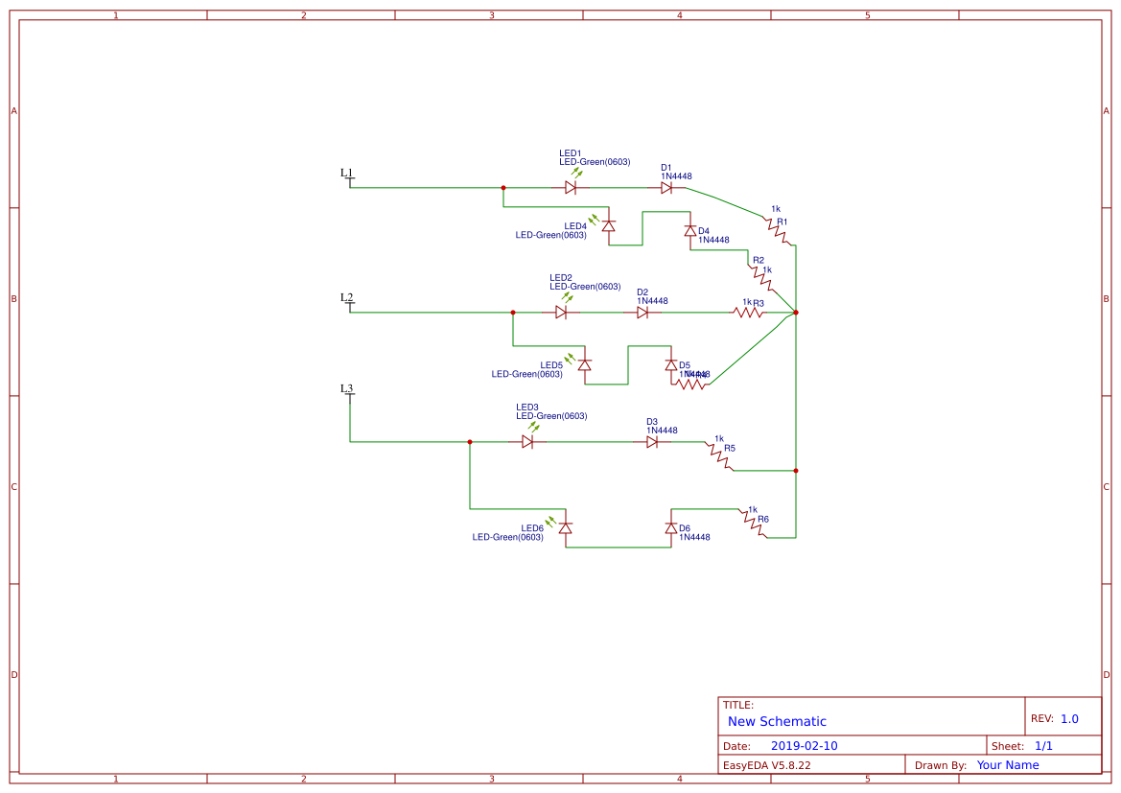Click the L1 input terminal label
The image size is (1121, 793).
point(346,174)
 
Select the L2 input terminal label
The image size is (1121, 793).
point(346,297)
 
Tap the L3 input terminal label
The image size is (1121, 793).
point(346,388)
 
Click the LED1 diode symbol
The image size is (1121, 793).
point(571,188)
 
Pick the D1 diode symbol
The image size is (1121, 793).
point(666,188)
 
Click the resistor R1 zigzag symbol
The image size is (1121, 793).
point(779,231)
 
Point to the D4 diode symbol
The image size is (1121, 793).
point(689,231)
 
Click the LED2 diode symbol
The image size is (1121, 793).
point(561,313)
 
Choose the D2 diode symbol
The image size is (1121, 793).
point(642,313)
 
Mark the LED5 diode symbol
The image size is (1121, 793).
point(584,364)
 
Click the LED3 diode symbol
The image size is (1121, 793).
point(527,442)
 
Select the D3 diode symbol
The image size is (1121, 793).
point(652,442)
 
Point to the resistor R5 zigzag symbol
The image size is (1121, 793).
point(720,455)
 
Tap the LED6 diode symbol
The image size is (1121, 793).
point(565,528)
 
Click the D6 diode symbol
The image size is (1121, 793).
point(670,528)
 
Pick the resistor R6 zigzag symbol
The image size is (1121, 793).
point(753,524)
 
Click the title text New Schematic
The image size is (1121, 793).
point(777,721)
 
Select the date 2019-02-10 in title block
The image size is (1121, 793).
point(804,745)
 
